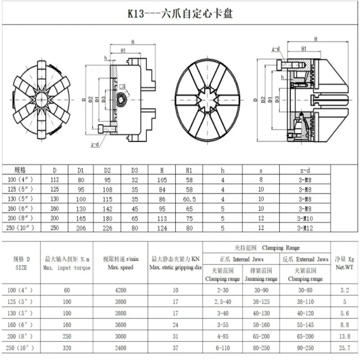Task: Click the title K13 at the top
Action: tap(136, 13)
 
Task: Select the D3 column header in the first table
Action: tap(135, 171)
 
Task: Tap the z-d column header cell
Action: tap(305, 171)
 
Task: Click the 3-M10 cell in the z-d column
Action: tap(305, 218)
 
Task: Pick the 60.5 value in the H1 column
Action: tap(189, 199)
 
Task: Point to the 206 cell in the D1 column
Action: tap(81, 228)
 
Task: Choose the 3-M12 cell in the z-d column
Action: tap(305, 228)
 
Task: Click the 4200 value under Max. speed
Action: tap(121, 290)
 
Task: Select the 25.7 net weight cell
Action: tap(344, 348)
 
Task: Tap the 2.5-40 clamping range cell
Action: tap(223, 301)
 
